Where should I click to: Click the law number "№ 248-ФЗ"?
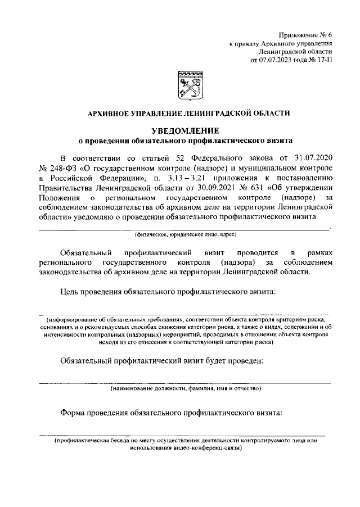click(x=56, y=169)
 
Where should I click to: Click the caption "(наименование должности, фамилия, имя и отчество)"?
click(x=185, y=388)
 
